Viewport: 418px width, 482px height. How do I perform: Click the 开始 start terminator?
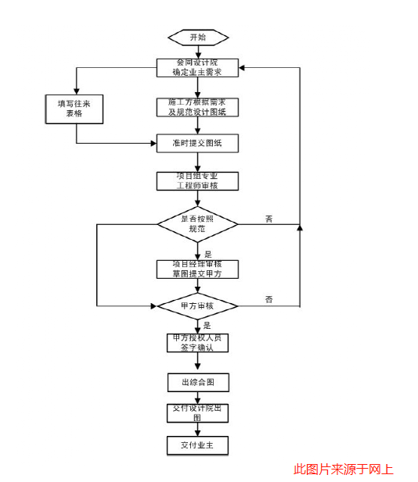(197, 37)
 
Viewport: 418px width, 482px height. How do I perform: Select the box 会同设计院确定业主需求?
(197, 68)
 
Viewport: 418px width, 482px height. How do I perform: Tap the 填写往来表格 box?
(75, 109)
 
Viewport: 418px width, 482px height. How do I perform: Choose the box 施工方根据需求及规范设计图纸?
(197, 107)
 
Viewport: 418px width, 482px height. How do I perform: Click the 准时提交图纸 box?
(197, 143)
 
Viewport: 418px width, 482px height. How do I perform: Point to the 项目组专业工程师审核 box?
(197, 180)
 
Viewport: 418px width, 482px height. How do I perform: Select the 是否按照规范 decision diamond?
(197, 224)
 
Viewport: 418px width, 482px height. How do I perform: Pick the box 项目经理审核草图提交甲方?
(197, 269)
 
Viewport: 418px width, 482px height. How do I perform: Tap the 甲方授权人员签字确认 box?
(197, 342)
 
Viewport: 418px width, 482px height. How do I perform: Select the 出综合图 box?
(197, 383)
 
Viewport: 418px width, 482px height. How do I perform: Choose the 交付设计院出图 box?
(197, 412)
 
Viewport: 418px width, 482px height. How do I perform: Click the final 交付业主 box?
(197, 445)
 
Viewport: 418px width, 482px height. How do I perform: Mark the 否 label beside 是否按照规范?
(268, 219)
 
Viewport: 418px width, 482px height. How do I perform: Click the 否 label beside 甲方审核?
(268, 299)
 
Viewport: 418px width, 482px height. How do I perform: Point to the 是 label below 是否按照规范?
(207, 254)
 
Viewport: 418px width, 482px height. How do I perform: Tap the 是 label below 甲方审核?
(207, 325)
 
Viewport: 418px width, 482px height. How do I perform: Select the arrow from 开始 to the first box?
(197, 52)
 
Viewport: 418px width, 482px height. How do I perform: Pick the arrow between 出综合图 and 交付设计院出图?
(197, 398)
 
